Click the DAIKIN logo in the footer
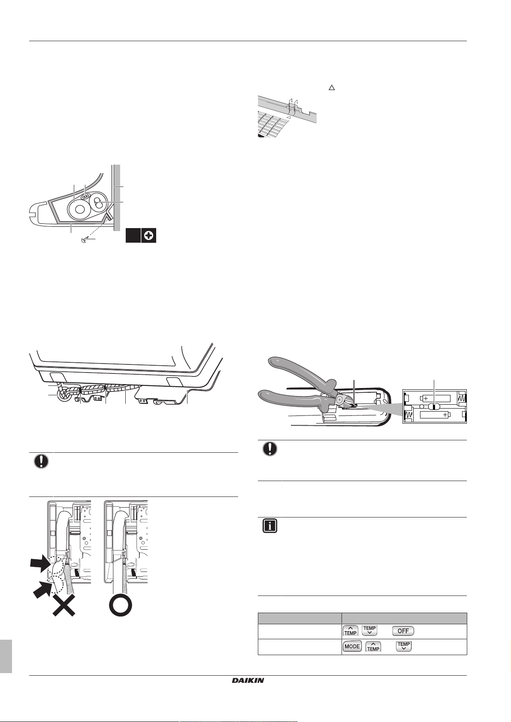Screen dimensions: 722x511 pyautogui.click(x=248, y=680)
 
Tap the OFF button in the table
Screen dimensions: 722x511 pyautogui.click(x=403, y=631)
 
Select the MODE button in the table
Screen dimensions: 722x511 pyautogui.click(x=352, y=646)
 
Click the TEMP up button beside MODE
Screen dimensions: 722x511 pyautogui.click(x=373, y=646)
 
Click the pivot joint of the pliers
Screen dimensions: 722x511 pyautogui.click(x=339, y=399)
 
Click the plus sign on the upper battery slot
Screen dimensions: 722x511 pyautogui.click(x=425, y=398)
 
